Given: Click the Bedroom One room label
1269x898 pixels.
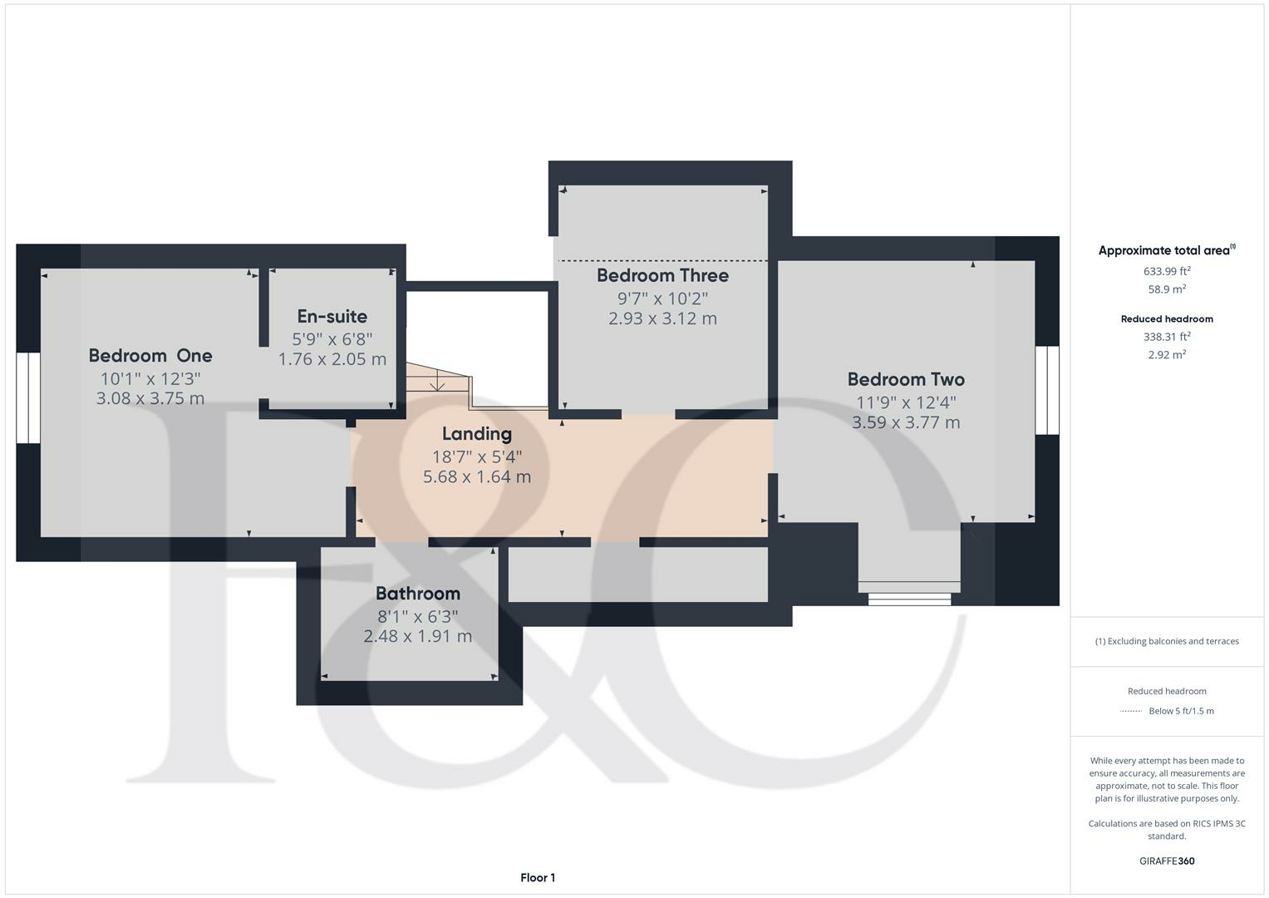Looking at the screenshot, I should [x=150, y=356].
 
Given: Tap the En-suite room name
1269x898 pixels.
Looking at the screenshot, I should [x=332, y=317].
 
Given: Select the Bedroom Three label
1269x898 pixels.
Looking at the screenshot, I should [x=662, y=275].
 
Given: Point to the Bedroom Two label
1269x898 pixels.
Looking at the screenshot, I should [x=906, y=380].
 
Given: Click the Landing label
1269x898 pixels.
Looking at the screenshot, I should [x=477, y=434].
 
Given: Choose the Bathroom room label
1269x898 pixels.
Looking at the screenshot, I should [x=418, y=594].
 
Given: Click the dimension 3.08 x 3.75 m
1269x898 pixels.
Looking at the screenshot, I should [x=150, y=398].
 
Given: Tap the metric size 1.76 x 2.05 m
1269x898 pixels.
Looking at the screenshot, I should [x=332, y=359].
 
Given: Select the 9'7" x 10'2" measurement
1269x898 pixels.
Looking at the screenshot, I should [x=662, y=298].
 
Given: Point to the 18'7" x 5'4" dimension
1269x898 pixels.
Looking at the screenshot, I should [x=477, y=456].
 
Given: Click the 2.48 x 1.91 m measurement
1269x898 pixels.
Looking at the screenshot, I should [x=418, y=636].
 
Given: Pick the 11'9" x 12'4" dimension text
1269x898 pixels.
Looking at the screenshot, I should [x=906, y=402].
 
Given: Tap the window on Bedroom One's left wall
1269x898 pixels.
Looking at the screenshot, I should [x=28, y=397].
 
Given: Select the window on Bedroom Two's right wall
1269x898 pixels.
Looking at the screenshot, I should [x=1047, y=390].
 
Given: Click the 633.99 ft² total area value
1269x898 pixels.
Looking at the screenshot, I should [x=1167, y=271].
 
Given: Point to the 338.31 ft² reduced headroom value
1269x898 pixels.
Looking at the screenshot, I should [x=1167, y=337].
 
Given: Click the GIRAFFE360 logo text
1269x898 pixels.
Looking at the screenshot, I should [x=1167, y=861].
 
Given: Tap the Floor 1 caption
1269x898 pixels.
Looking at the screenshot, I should [x=538, y=878].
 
